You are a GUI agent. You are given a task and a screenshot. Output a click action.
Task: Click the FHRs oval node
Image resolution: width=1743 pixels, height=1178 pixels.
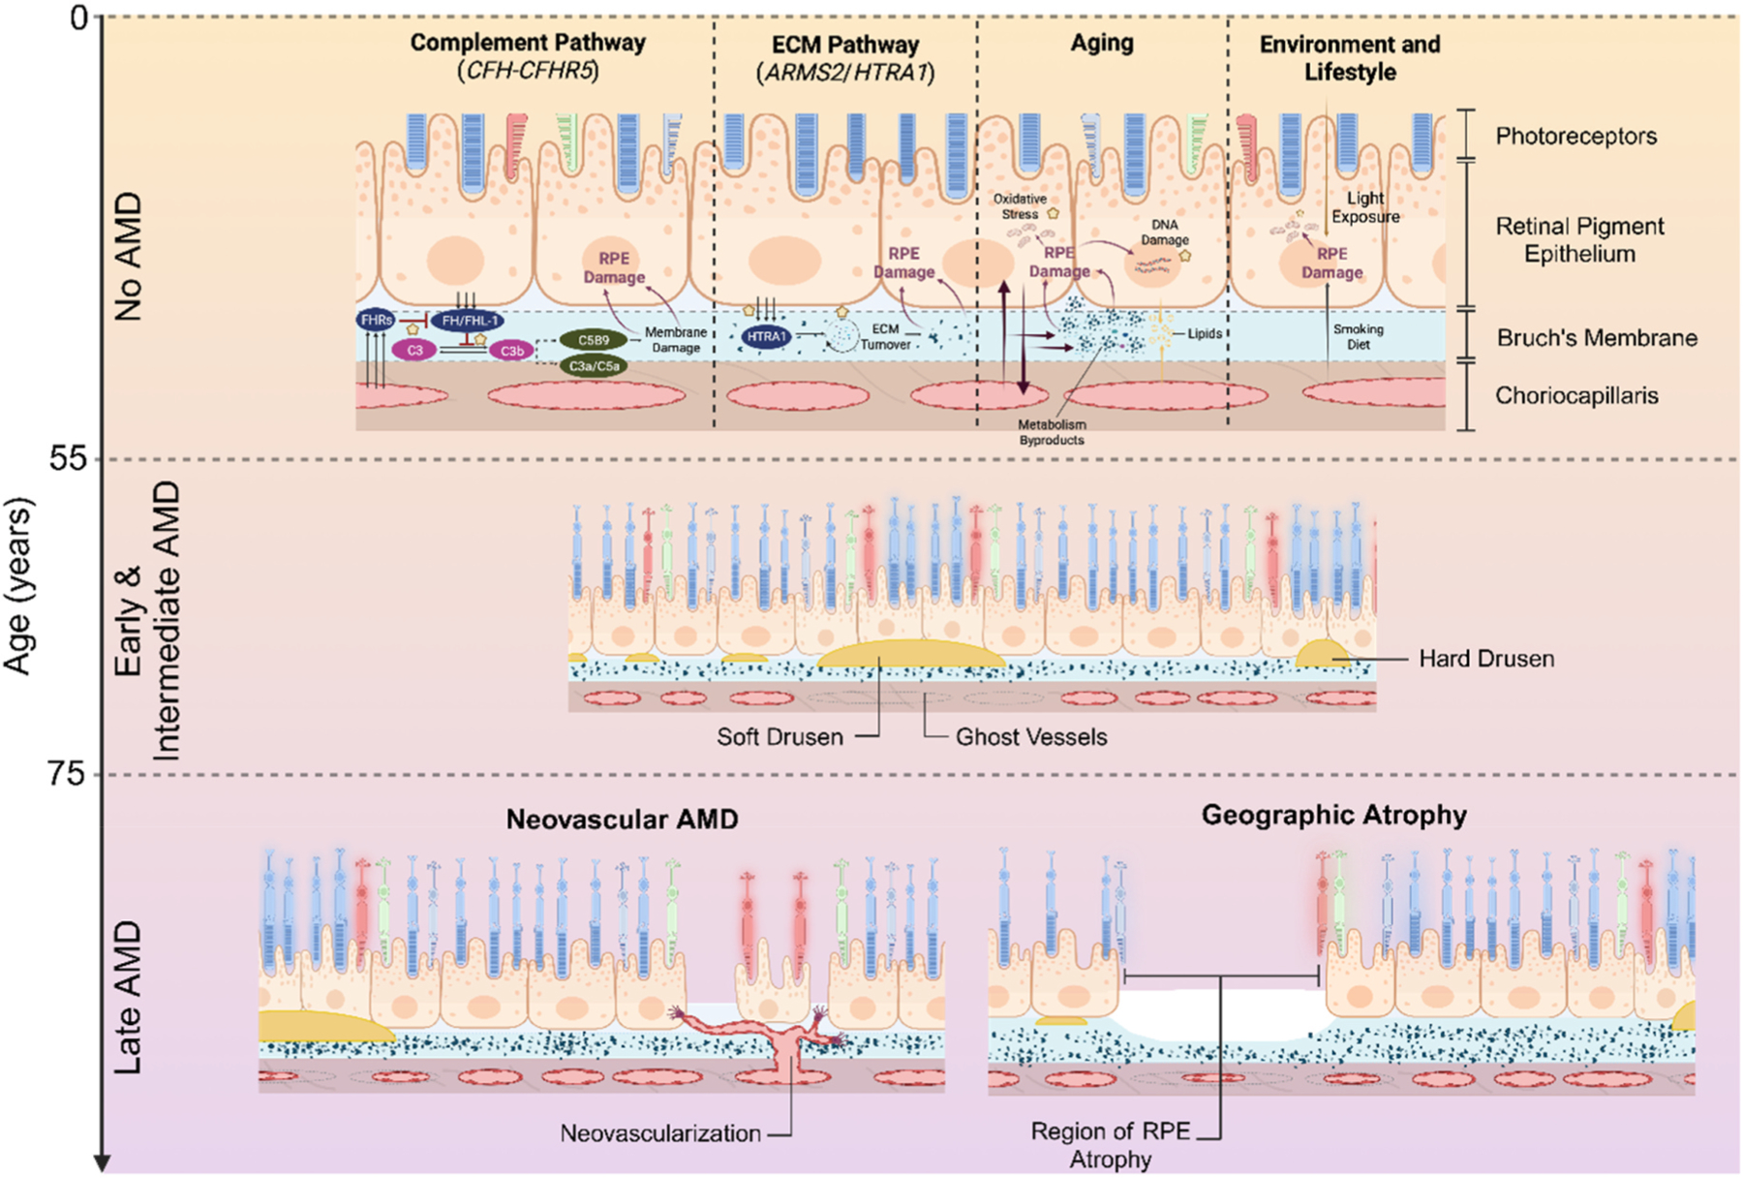click(x=376, y=320)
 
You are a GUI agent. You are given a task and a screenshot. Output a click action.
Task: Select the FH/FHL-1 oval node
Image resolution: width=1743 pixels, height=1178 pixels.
click(x=469, y=321)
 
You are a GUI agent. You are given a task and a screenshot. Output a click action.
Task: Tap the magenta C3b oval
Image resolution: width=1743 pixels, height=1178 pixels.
click(x=511, y=351)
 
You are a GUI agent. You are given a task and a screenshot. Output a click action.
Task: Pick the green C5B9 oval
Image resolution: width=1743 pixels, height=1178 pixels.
click(x=593, y=341)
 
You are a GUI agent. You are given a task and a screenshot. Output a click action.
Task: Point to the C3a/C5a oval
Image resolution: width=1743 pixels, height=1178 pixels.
click(x=594, y=366)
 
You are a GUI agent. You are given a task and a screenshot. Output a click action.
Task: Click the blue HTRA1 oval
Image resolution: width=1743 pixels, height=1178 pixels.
click(x=767, y=337)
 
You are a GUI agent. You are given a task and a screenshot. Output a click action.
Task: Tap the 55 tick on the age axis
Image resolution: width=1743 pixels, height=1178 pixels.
click(x=68, y=457)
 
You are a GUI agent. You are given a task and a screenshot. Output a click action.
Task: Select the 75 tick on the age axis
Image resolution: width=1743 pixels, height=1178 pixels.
click(x=68, y=773)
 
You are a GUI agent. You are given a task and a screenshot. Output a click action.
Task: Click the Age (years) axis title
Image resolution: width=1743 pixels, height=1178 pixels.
click(x=18, y=585)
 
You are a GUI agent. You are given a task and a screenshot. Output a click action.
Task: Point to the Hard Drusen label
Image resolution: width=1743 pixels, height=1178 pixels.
click(x=1485, y=659)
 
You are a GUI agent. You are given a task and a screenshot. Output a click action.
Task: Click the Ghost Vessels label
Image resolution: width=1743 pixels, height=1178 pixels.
click(x=1031, y=737)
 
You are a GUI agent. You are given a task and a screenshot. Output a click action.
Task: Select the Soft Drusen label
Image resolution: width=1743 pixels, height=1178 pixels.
click(x=780, y=737)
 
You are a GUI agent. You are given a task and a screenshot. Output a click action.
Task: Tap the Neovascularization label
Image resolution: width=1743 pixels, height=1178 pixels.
click(x=660, y=1133)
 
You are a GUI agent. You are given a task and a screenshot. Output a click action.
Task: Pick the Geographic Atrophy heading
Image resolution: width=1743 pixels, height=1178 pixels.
click(x=1333, y=816)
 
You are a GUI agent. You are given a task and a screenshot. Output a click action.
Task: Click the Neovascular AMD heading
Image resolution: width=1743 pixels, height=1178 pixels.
click(x=622, y=820)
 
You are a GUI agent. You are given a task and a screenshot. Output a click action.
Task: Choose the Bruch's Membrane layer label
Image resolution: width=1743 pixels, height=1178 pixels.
click(x=1597, y=338)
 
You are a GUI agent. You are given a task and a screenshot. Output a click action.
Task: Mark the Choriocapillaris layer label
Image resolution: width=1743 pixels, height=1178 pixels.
click(x=1576, y=395)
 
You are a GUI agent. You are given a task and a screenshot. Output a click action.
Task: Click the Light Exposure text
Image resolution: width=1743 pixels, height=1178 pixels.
click(x=1365, y=207)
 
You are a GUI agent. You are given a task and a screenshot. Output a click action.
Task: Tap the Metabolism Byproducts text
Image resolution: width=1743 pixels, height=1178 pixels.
click(x=1052, y=432)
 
